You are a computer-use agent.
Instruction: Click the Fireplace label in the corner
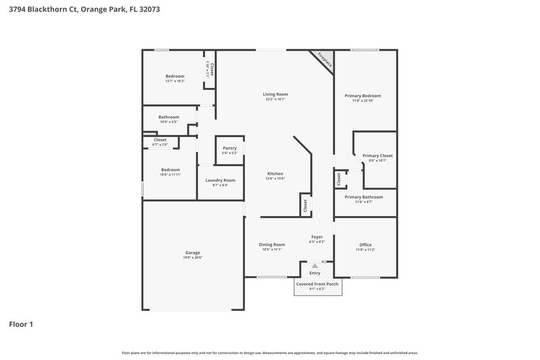coord(325,60)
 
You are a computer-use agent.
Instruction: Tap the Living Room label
coord(275,94)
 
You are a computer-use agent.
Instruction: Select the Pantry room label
coord(230,148)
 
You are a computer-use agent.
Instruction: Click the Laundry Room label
coord(220,180)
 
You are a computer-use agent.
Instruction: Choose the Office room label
coord(365,245)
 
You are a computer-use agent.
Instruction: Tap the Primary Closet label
coord(377,155)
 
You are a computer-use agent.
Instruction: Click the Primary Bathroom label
coord(364,197)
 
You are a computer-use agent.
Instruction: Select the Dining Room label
coord(272,245)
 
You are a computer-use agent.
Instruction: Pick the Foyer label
coord(317,236)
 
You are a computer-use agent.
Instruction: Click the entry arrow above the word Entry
coord(314,266)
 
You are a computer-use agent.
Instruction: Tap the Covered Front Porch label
coord(317,284)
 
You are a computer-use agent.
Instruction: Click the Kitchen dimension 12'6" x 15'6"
coord(275,179)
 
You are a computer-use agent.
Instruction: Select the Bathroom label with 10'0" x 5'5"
coord(169,117)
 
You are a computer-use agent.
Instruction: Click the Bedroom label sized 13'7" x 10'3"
coord(175,76)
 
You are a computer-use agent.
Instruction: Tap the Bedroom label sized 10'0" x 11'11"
coord(170,170)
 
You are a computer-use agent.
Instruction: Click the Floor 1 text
coord(21,324)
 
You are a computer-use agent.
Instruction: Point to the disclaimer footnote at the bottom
coord(269,353)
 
